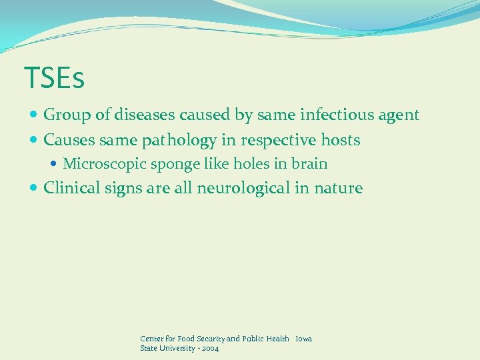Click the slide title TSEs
[54, 78]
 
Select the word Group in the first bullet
[67, 115]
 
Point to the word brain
[308, 163]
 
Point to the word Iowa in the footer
[303, 339]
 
